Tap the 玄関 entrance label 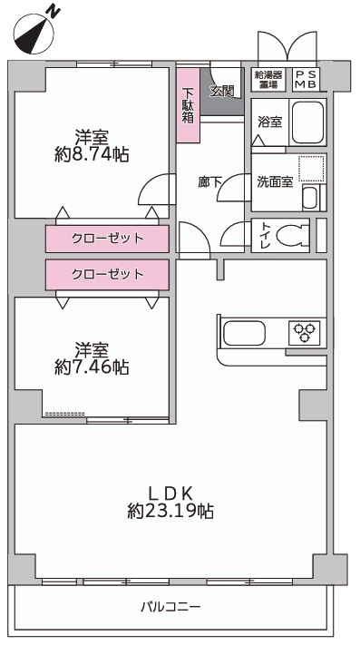coord(222,90)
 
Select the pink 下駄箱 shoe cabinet coord(189,105)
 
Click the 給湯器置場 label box coord(268,80)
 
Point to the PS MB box coord(304,80)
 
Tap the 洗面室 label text coord(274,181)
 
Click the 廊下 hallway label coord(210,181)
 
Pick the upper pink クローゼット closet coord(107,239)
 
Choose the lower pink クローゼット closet coord(107,273)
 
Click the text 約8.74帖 coord(92,154)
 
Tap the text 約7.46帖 coord(91,367)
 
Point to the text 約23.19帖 coord(170,512)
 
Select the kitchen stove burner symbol coord(304,333)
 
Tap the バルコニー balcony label coord(170,606)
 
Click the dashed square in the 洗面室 coord(311,170)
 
